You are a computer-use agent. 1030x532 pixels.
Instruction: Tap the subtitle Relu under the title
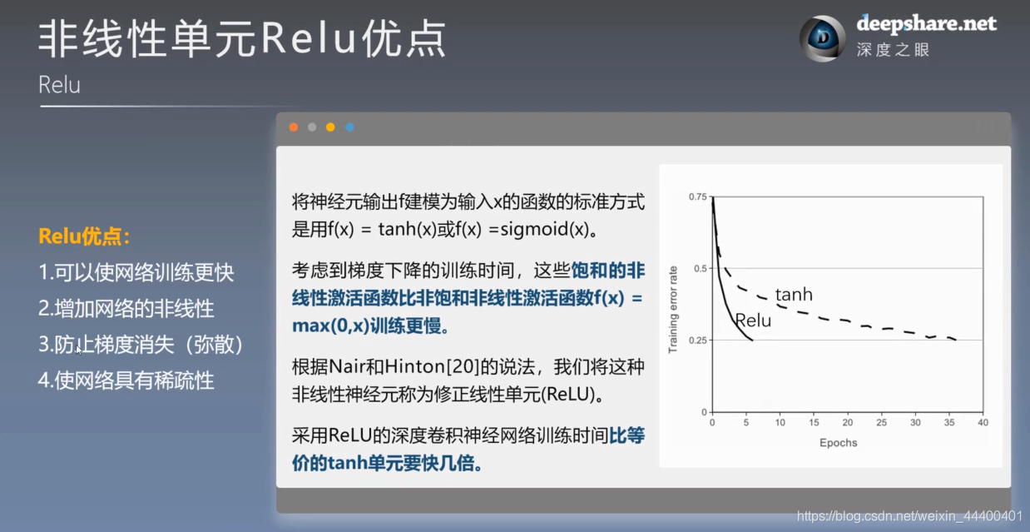59,85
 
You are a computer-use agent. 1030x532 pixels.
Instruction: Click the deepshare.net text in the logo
926,23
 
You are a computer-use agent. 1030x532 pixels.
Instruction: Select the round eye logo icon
822,38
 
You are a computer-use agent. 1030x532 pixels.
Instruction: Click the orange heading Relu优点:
85,236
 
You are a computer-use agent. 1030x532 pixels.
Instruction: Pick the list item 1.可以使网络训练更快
136,272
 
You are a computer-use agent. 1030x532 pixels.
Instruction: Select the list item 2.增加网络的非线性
126,309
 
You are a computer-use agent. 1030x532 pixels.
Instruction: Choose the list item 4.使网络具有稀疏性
126,380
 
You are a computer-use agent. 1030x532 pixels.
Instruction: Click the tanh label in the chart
793,295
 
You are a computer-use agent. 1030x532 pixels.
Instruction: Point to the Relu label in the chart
752,321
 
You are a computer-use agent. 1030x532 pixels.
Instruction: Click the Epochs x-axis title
838,442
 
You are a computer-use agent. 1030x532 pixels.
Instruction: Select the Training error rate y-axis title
673,308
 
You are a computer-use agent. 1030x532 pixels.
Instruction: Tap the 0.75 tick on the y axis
697,196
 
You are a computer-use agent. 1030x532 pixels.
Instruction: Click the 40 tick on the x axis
983,423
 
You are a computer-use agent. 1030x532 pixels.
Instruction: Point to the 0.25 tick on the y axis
697,341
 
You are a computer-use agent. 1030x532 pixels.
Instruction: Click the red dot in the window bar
293,127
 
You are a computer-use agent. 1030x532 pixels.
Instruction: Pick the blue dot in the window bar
349,127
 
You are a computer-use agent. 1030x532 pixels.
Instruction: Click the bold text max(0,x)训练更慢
371,326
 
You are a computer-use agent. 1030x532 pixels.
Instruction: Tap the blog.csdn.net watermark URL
909,516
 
